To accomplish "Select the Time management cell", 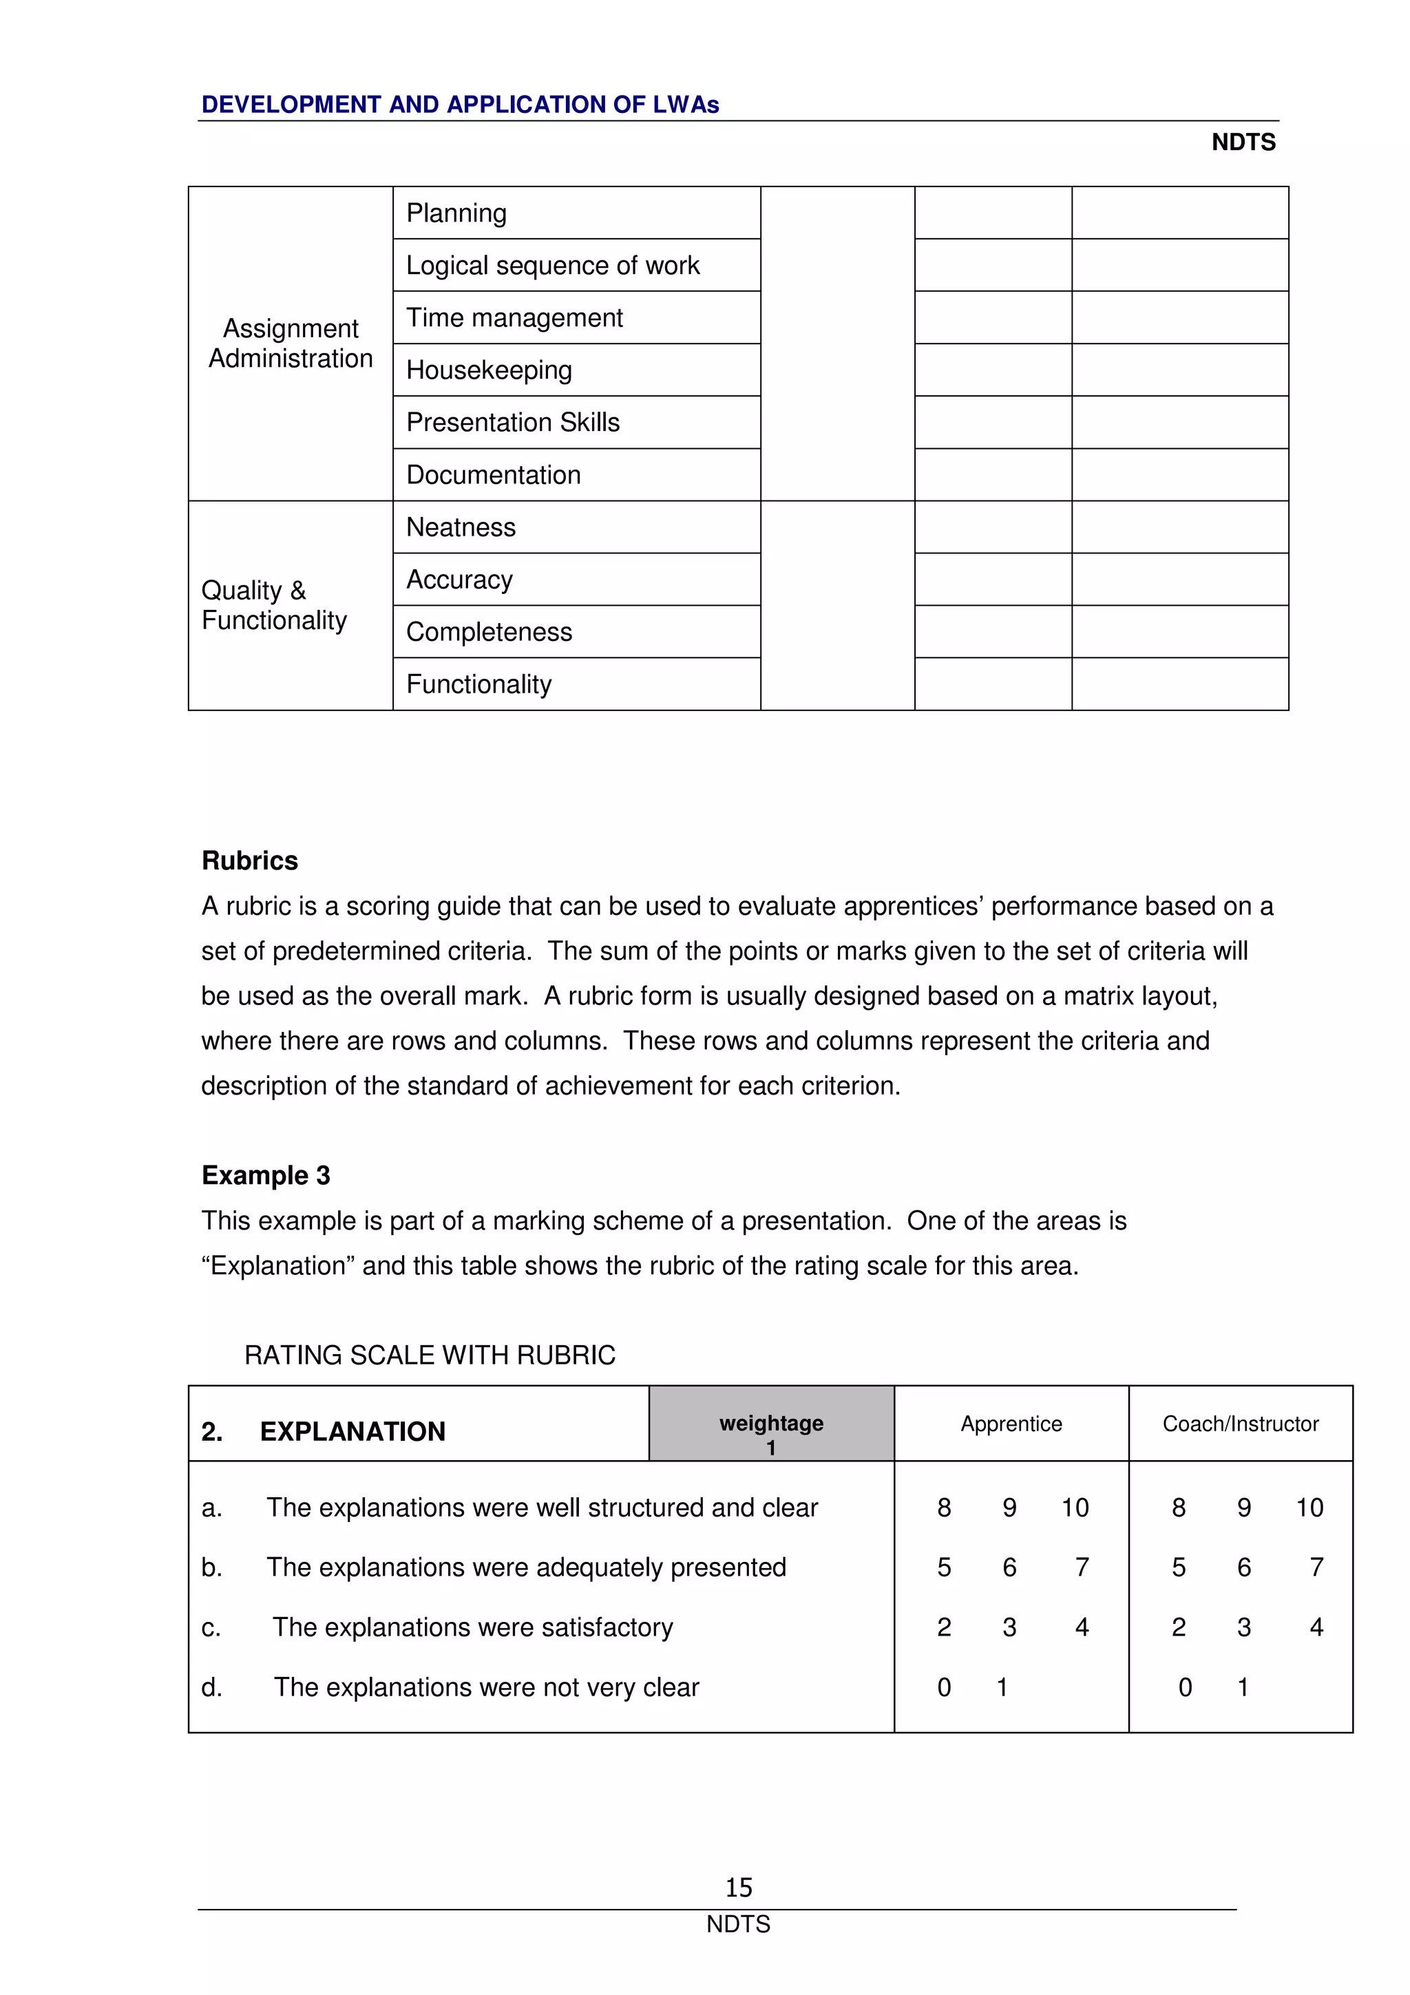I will pyautogui.click(x=514, y=318).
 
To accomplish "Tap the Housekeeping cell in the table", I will pyautogui.click(x=489, y=370).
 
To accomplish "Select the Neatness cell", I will pyautogui.click(x=461, y=527).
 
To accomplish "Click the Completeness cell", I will pyautogui.click(x=489, y=632).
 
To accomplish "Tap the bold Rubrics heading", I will pyautogui.click(x=249, y=861).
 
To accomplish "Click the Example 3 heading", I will pyautogui.click(x=266, y=1174).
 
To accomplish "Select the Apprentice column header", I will pyautogui.click(x=1011, y=1423).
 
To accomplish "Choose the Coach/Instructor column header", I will pyautogui.click(x=1240, y=1423).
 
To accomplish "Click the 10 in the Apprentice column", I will pyautogui.click(x=1075, y=1507).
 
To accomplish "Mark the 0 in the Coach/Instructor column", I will pyautogui.click(x=1185, y=1687).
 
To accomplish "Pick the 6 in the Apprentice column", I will pyautogui.click(x=1009, y=1567).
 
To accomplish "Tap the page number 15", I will pyautogui.click(x=739, y=1886).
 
